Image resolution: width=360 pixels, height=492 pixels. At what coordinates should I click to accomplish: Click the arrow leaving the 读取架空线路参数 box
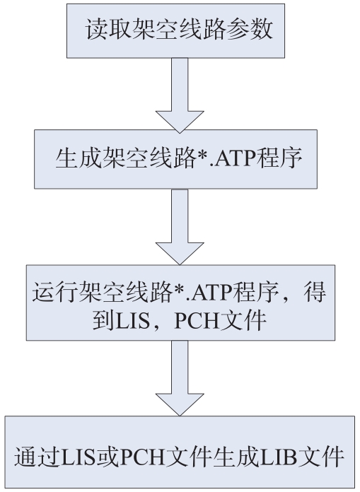180,95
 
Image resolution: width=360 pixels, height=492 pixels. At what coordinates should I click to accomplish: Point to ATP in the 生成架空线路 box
235,158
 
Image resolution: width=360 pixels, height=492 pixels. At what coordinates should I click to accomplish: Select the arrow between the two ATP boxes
180,226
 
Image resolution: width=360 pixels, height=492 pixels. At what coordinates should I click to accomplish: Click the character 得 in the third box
315,292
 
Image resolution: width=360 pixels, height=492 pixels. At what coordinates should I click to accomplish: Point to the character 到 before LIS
103,320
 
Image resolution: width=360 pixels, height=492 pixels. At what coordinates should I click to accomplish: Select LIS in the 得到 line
132,321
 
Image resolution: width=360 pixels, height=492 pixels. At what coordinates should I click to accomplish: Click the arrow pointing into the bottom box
180,378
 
